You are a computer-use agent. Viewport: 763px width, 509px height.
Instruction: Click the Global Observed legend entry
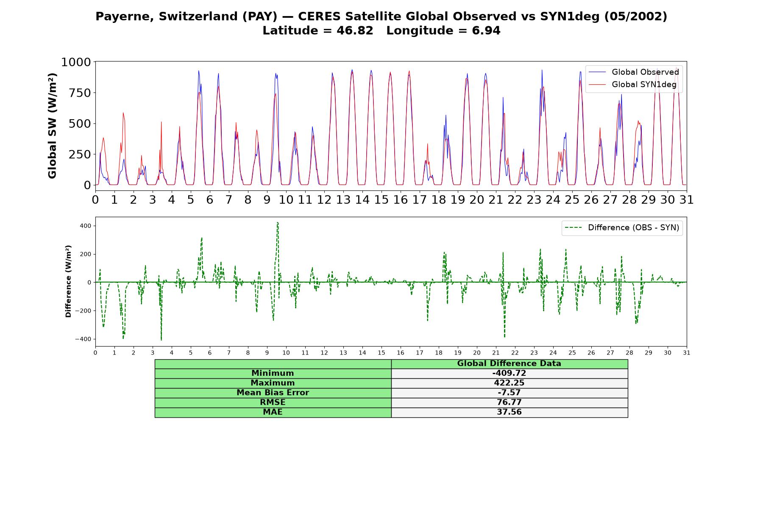point(634,72)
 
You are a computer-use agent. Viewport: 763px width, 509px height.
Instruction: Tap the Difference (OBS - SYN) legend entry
point(622,228)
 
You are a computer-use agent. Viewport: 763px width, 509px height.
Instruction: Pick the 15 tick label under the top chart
point(381,200)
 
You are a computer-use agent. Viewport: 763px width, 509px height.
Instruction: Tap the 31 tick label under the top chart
point(686,200)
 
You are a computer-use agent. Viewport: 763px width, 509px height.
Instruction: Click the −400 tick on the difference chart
point(83,339)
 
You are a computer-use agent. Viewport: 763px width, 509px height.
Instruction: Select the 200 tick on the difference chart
point(85,254)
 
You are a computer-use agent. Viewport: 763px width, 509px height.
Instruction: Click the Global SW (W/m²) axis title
point(52,126)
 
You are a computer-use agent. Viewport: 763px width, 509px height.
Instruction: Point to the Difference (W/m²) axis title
point(68,281)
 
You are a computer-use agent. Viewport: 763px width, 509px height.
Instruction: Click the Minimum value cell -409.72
point(509,373)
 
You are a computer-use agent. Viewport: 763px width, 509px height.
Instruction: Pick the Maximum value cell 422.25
point(509,383)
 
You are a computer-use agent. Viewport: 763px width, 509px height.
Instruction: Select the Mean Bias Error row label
point(273,393)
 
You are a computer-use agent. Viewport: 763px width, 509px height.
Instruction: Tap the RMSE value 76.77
point(509,403)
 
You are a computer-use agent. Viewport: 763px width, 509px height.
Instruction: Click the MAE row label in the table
point(273,412)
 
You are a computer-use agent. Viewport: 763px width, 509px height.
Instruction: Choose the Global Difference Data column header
point(509,364)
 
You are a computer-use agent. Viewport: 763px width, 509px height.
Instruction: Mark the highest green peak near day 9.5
point(277,222)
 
